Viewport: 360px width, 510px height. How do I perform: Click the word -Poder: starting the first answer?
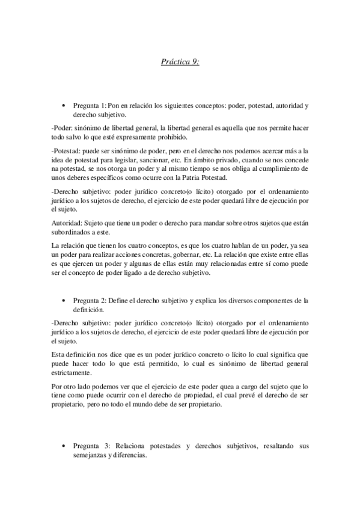(x=62, y=128)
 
